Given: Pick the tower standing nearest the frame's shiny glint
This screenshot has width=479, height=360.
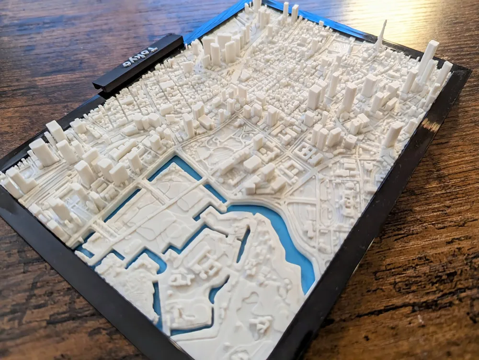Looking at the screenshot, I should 393,134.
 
